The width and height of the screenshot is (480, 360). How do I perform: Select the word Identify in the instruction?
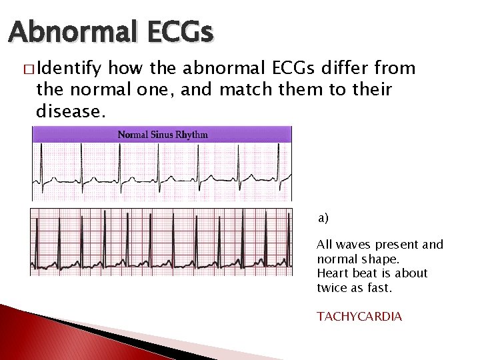coord(70,69)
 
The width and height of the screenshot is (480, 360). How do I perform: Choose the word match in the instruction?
coord(243,89)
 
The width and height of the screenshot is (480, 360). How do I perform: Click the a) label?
coord(323,218)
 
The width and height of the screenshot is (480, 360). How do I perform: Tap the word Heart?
coord(332,273)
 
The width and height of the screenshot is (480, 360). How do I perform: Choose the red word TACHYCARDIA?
coord(359,316)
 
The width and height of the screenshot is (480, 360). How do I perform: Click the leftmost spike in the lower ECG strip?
coord(36,247)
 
